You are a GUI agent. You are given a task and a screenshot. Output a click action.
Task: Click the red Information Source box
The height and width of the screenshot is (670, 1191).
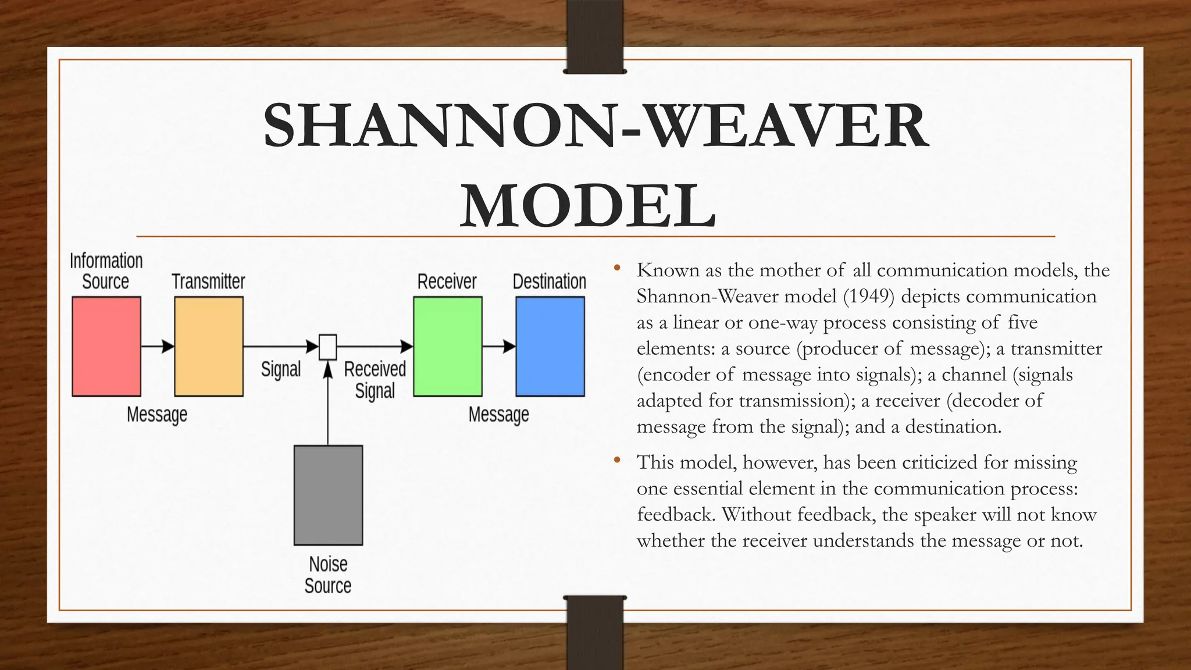click(x=106, y=347)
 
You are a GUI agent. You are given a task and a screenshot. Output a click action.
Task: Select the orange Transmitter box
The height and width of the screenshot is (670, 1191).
click(x=209, y=347)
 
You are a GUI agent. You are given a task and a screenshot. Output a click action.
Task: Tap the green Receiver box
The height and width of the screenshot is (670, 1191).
click(x=448, y=347)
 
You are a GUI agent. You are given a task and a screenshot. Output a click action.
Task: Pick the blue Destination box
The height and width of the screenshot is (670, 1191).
click(x=550, y=347)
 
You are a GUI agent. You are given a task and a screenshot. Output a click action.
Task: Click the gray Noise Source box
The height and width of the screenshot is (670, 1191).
click(x=328, y=496)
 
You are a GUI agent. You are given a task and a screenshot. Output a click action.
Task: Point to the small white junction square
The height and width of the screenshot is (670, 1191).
click(x=328, y=347)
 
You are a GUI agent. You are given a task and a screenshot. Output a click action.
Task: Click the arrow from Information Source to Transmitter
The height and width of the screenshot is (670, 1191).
click(x=158, y=347)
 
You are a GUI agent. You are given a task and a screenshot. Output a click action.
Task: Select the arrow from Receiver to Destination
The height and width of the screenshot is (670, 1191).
click(x=499, y=347)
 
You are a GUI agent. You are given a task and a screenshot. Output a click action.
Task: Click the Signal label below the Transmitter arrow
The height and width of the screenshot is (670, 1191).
click(x=281, y=369)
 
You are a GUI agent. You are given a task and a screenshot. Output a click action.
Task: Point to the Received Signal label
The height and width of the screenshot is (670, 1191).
click(x=375, y=380)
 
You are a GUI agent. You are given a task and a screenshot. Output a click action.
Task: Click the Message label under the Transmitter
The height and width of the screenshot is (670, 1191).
click(x=157, y=415)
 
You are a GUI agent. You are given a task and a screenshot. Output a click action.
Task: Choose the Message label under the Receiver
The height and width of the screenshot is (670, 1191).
click(x=499, y=415)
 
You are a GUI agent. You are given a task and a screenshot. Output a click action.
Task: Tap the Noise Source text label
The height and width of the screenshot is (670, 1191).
click(x=328, y=575)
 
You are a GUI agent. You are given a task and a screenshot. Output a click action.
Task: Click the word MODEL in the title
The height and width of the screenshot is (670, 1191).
click(x=588, y=206)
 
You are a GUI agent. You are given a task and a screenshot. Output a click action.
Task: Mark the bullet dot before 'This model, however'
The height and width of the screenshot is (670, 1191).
click(x=617, y=461)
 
